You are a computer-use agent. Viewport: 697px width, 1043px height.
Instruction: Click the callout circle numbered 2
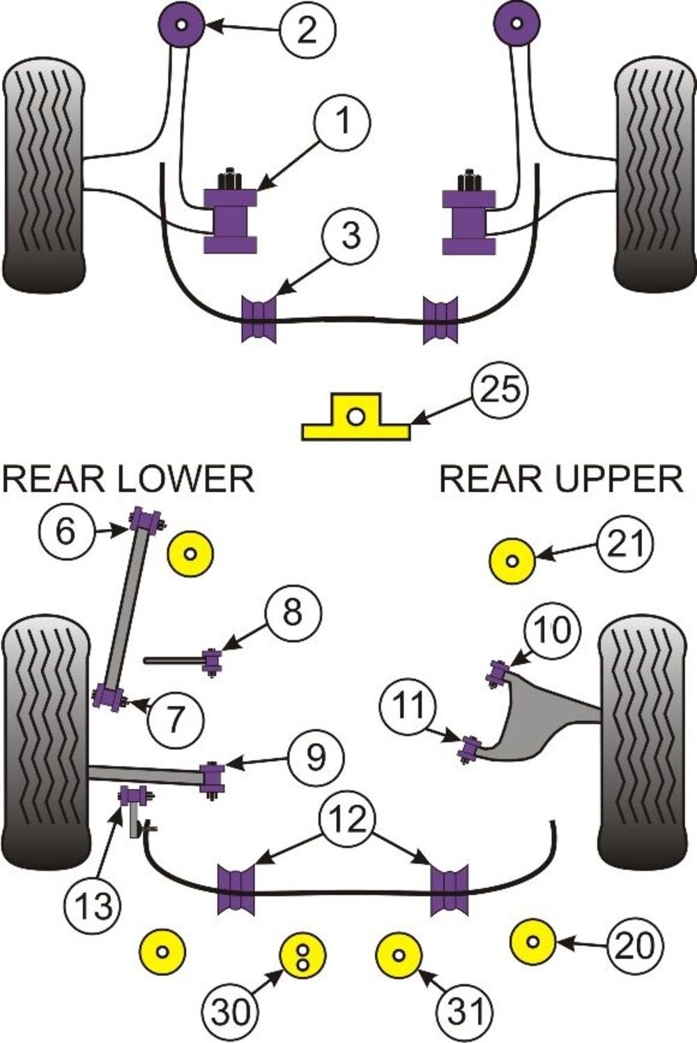(x=308, y=29)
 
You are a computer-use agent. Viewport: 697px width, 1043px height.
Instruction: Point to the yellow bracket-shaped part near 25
(x=355, y=419)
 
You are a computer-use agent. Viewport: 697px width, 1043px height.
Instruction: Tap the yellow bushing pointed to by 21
(x=513, y=560)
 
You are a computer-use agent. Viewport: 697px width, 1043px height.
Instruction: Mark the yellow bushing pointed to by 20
(x=533, y=943)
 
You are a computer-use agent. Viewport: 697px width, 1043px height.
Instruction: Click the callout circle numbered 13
(x=93, y=906)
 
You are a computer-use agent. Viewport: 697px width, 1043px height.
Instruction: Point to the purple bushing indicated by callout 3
(x=259, y=320)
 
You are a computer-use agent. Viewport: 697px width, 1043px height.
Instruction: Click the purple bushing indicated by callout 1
(x=231, y=220)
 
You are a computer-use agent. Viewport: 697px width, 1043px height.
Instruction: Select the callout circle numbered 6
(x=66, y=532)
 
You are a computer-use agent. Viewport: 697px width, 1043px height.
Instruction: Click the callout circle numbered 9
(x=316, y=756)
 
